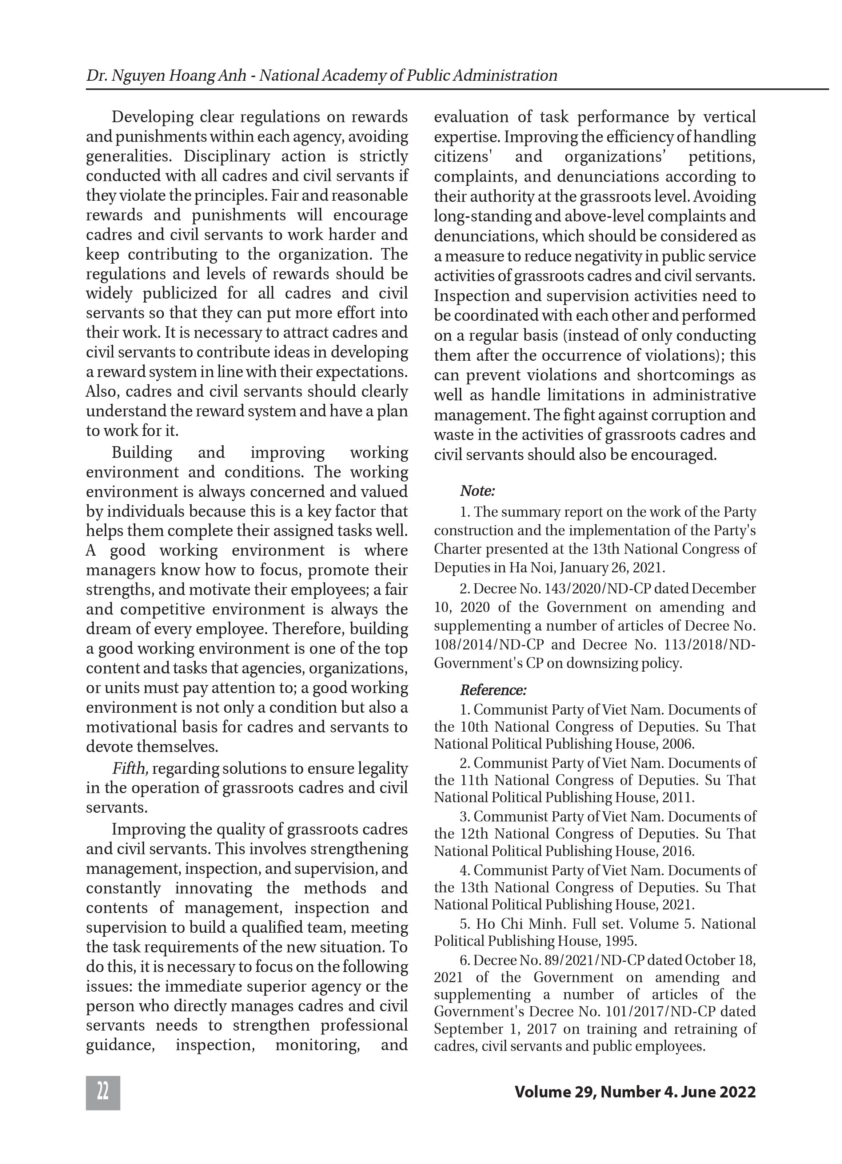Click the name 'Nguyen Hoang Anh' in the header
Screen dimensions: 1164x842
click(165, 75)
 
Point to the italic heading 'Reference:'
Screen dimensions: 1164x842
click(493, 690)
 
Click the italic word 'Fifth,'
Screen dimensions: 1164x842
click(131, 768)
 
